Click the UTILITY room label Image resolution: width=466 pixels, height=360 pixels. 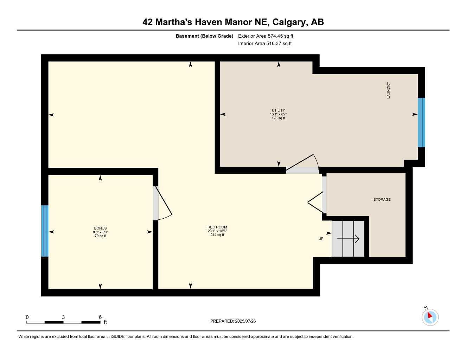pos(278,110)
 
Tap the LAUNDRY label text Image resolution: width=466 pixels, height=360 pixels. pos(388,90)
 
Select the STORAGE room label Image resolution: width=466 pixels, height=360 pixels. pos(382,199)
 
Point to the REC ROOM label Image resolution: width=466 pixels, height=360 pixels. pos(217,227)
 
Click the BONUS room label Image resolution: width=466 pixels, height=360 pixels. pos(100,228)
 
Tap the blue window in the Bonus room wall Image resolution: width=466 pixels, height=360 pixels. pos(45,231)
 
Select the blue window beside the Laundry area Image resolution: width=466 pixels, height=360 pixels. pos(421,123)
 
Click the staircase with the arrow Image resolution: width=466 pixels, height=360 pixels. pos(348,238)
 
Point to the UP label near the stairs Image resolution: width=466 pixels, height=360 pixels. pos(321,239)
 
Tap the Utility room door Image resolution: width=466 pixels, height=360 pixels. pos(302,164)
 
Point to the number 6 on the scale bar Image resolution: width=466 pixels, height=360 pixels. pos(100,317)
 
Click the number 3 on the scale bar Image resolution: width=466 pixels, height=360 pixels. pos(63,317)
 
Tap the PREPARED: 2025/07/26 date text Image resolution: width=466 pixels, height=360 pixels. pos(233,321)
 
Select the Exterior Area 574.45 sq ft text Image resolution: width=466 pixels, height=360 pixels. pos(266,36)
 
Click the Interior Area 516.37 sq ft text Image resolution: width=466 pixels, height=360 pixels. pos(265,44)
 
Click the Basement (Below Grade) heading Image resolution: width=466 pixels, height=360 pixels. pos(204,36)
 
